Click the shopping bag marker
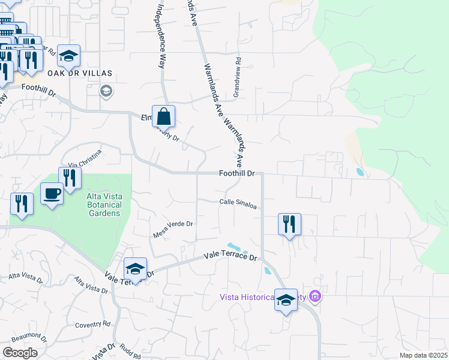pyautogui.click(x=163, y=116)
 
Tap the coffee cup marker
pyautogui.click(x=52, y=194)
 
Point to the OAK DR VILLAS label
pyautogui.click(x=80, y=73)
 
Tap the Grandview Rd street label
pyautogui.click(x=237, y=77)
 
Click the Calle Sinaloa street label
pyautogui.click(x=238, y=205)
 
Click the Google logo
pyautogui.click(x=20, y=352)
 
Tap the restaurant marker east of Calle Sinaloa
pyautogui.click(x=289, y=224)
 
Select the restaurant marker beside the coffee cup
pyautogui.click(x=70, y=178)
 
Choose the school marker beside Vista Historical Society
pyautogui.click(x=286, y=299)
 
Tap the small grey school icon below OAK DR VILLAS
pyautogui.click(x=107, y=91)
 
